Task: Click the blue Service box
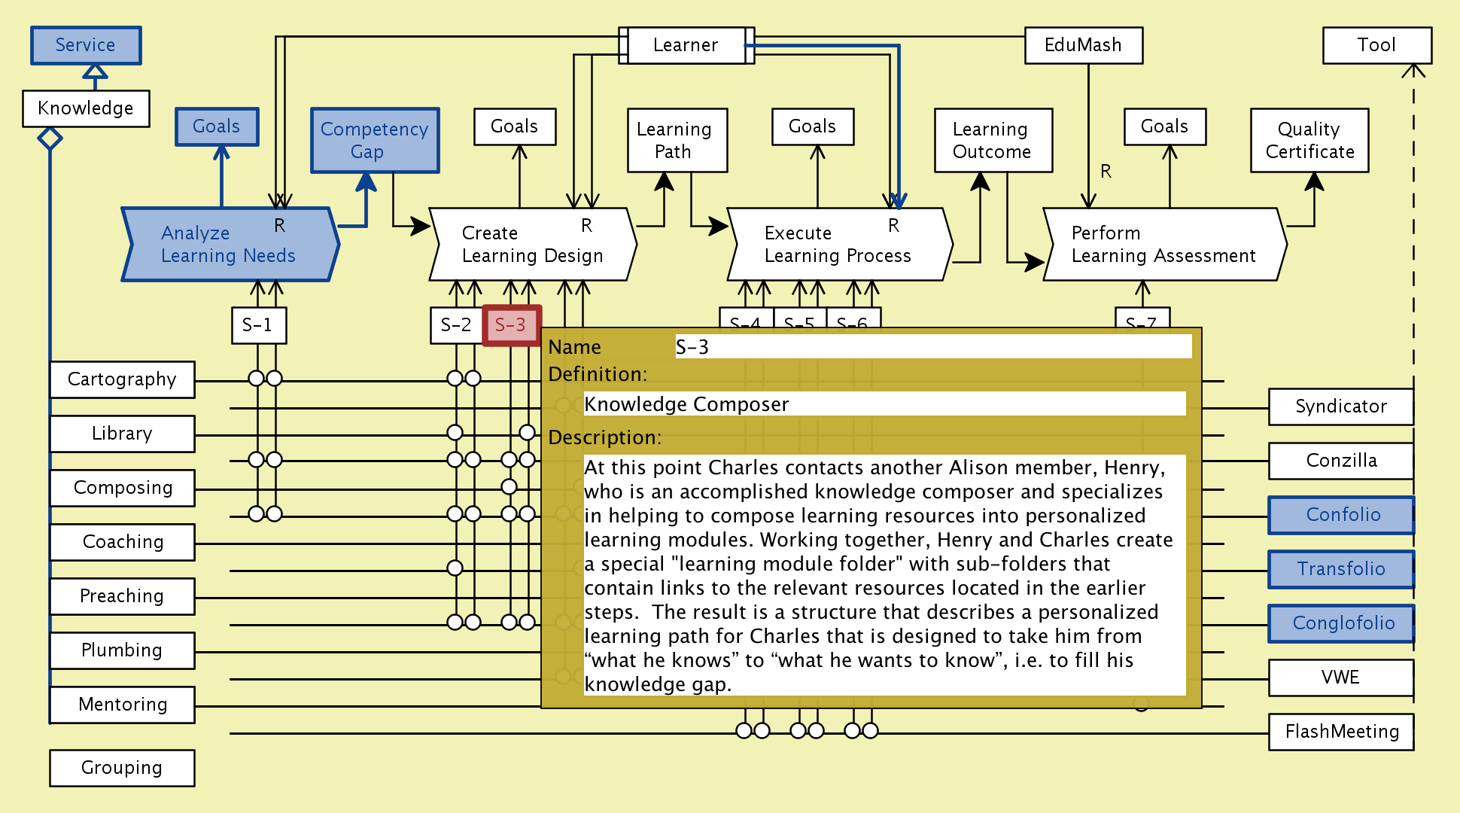(85, 45)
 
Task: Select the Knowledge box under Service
(85, 108)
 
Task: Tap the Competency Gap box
(374, 140)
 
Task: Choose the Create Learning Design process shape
(531, 245)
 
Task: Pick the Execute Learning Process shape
(837, 245)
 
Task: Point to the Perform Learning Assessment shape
(1163, 245)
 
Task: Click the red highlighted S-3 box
(510, 325)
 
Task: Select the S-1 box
(258, 325)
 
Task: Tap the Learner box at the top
(685, 45)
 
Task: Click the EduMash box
(1083, 45)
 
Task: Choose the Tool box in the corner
(1376, 45)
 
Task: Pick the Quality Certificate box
(1309, 140)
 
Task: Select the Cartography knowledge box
(122, 379)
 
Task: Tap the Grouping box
(122, 768)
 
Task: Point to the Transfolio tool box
(1340, 569)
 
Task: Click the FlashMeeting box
(1341, 732)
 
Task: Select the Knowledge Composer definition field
(884, 404)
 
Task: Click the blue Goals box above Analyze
(217, 126)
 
